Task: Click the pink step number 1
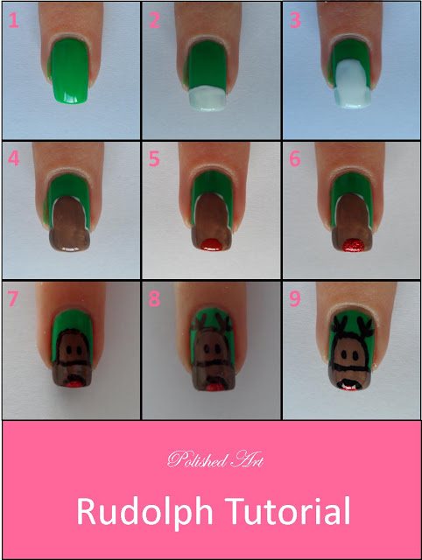[x=13, y=20]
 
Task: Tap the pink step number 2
[x=154, y=20]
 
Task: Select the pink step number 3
[x=295, y=20]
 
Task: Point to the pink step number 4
[x=14, y=158]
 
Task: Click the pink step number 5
[x=154, y=159]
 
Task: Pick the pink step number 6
[x=295, y=159]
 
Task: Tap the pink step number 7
[x=12, y=298]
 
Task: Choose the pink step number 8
[x=154, y=298]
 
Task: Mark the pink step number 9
[x=295, y=298]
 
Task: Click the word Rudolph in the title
[x=144, y=513]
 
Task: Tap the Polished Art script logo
[x=215, y=459]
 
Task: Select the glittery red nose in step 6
[x=354, y=245]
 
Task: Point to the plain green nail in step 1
[x=70, y=72]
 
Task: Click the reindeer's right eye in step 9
[x=355, y=355]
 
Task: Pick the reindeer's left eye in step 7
[x=67, y=350]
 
